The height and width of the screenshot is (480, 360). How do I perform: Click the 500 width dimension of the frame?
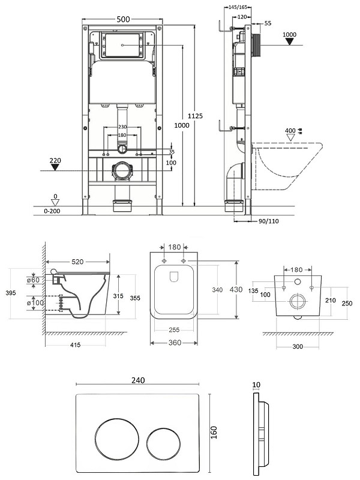click(x=123, y=19)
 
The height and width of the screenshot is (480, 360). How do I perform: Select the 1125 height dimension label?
click(x=196, y=116)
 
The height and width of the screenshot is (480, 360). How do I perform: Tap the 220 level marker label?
click(x=55, y=160)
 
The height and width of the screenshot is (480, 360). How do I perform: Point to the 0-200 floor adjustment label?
click(x=52, y=211)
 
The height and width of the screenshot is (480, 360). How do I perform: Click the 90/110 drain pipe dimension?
click(x=268, y=221)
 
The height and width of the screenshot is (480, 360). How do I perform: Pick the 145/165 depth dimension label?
click(x=238, y=7)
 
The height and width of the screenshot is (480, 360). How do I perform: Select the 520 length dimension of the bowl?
click(x=77, y=262)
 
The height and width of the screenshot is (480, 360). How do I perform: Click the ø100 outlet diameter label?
click(x=35, y=303)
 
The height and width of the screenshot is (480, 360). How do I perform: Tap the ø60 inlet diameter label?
click(x=33, y=280)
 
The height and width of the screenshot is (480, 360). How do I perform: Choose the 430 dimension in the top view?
click(x=236, y=290)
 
